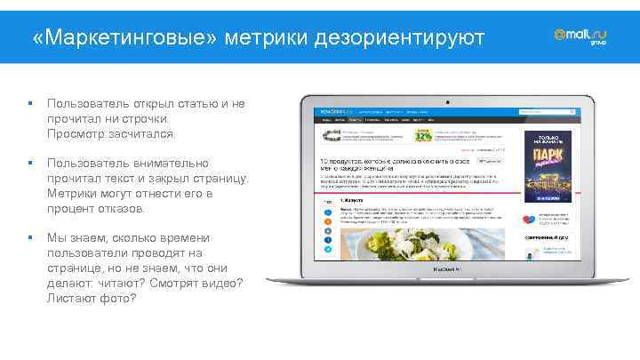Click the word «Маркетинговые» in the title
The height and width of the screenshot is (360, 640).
tap(124, 38)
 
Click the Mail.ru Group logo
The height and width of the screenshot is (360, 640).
tap(581, 36)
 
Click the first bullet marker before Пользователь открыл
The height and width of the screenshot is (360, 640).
tap(30, 104)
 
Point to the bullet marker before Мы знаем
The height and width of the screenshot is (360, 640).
tap(30, 238)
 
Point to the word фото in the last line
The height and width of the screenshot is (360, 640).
tap(119, 298)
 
